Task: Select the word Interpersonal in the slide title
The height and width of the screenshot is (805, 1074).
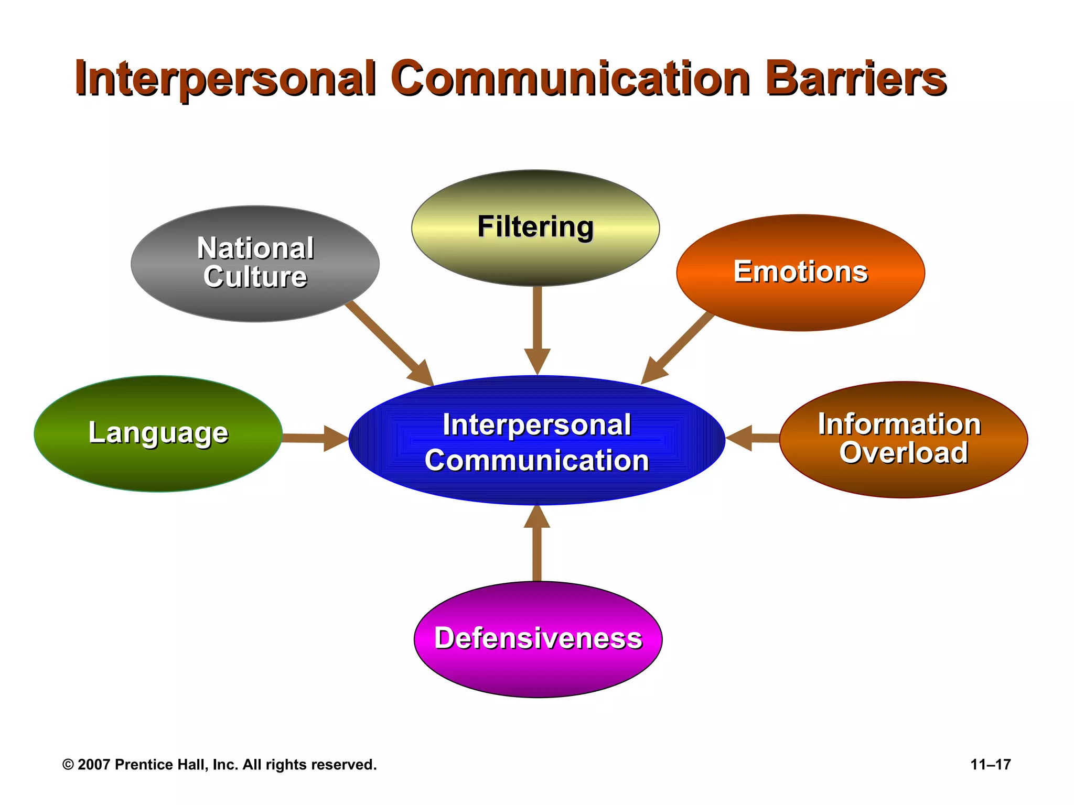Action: [x=225, y=79]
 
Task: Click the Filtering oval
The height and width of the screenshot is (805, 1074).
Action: [x=535, y=227]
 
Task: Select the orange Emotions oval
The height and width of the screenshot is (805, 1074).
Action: [x=800, y=273]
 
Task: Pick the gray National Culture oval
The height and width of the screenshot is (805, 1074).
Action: [x=255, y=263]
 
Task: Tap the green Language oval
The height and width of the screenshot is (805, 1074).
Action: [x=158, y=433]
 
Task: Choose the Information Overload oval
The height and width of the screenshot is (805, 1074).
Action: [x=903, y=439]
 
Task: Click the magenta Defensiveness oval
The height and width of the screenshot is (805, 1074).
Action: [x=538, y=639]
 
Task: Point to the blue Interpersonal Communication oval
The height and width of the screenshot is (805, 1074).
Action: [x=536, y=440]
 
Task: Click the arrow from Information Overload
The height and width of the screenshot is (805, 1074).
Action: [x=753, y=438]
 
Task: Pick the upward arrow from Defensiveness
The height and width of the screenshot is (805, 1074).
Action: [x=537, y=545]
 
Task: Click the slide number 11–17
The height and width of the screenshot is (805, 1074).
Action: [x=990, y=765]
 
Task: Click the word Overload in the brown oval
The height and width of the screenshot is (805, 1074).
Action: [x=903, y=453]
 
